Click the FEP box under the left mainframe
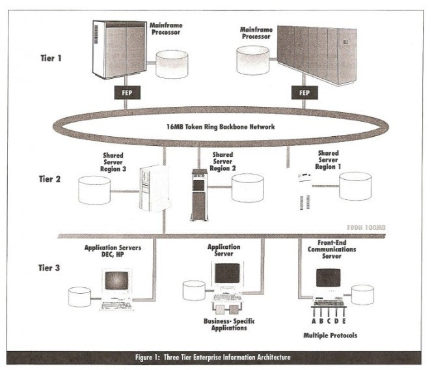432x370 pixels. (128, 93)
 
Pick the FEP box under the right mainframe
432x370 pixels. (304, 93)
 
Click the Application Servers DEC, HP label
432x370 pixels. (114, 251)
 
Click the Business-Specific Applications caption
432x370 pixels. (224, 324)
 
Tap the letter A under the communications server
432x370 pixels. (314, 320)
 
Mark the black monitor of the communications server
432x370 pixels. (330, 277)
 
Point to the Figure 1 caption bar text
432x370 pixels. (216, 358)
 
